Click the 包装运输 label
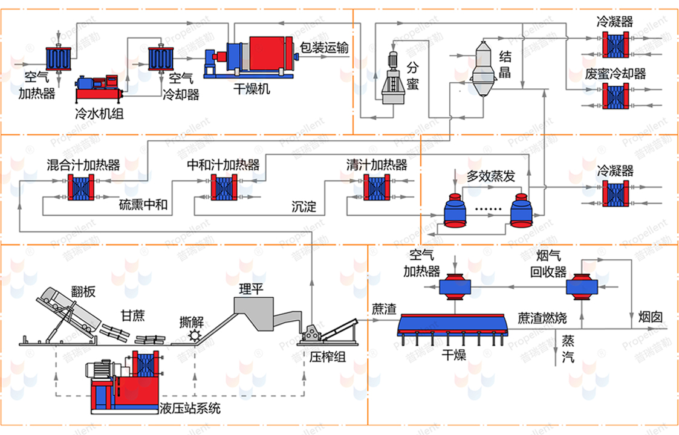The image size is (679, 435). click(324, 47)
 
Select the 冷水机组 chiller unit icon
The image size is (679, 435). click(99, 88)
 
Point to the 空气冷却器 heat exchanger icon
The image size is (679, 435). click(161, 59)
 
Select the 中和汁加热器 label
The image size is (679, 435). click(223, 165)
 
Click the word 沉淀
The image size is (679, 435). click(304, 207)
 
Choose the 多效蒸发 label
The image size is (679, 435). click(490, 176)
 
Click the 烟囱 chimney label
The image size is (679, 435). click(649, 317)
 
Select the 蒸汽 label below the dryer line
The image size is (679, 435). click(568, 348)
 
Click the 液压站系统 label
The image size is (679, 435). click(190, 409)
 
